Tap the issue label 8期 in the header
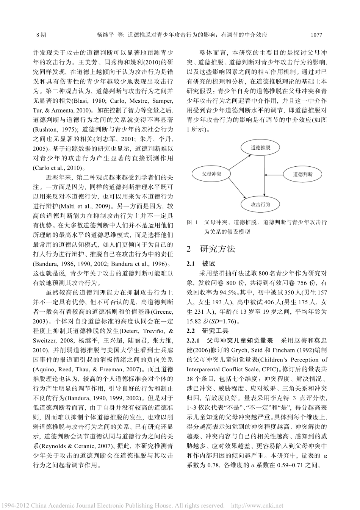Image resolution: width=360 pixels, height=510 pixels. point(41,34)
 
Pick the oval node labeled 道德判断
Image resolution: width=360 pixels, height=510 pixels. point(303,174)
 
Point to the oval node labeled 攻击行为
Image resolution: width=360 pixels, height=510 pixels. point(260,204)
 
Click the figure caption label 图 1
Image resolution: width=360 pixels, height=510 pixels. point(193,222)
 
